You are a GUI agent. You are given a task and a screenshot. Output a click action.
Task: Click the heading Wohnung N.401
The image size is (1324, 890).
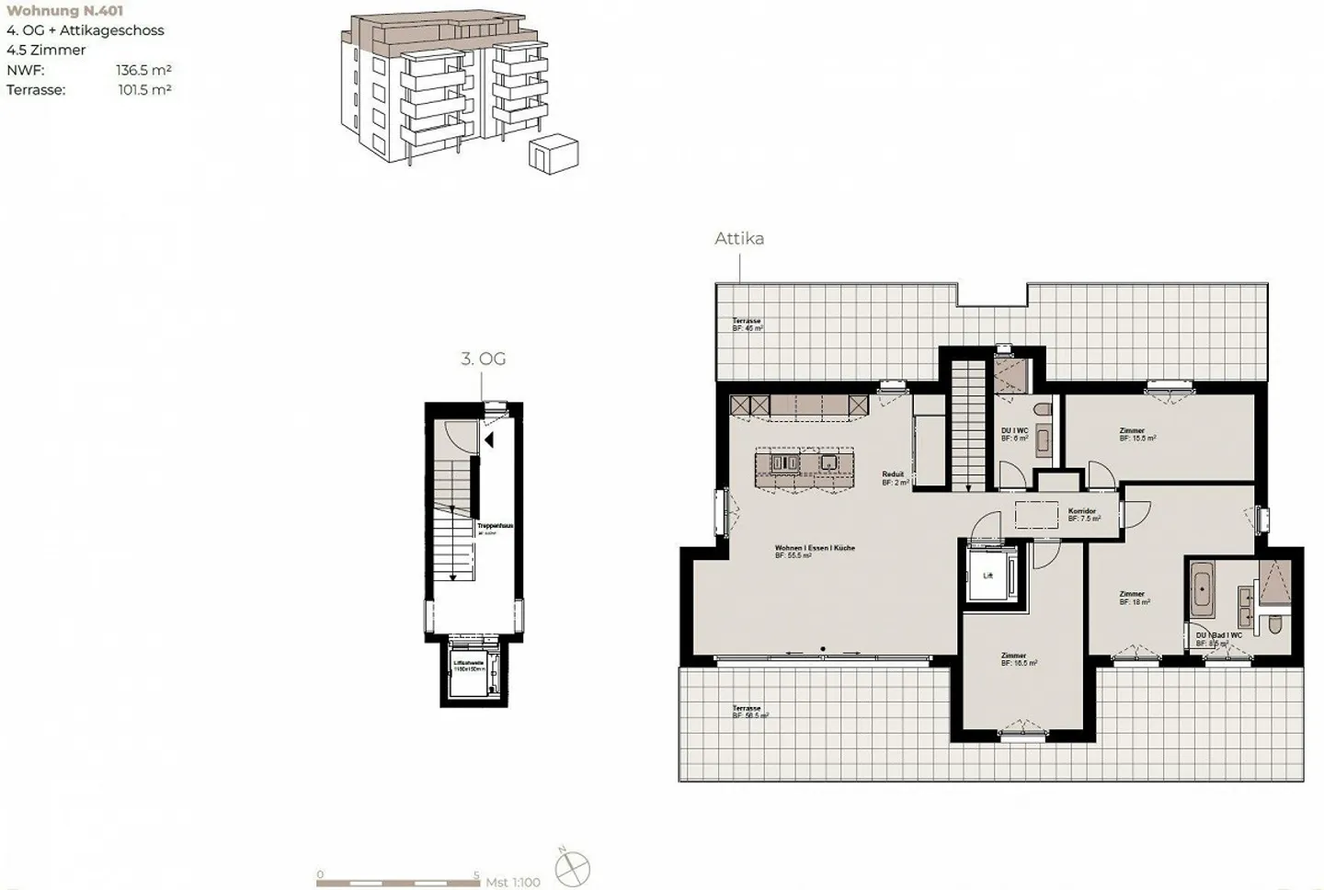coord(64,11)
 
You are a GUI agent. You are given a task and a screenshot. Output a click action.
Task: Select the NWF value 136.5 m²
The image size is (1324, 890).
coord(143,70)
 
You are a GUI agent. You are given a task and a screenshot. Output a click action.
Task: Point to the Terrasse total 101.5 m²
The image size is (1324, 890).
coord(144,90)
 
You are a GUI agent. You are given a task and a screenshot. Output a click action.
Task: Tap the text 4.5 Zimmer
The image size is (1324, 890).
coord(46,50)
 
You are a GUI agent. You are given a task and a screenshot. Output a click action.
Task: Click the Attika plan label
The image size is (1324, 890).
coord(739,238)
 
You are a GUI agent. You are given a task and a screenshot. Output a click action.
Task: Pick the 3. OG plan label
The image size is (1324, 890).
coord(483,359)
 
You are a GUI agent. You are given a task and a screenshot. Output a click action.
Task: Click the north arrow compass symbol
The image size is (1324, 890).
coord(572,869)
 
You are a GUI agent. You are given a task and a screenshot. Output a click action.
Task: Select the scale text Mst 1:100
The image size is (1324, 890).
coord(513,882)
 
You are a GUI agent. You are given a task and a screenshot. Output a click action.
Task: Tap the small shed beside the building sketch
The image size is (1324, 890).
coord(554,151)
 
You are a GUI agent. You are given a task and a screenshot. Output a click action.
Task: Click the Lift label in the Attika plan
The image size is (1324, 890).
coord(988,576)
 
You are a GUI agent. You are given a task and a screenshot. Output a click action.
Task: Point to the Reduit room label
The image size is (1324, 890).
coord(893,474)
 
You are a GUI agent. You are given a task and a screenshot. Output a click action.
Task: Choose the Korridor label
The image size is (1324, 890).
coord(1082,511)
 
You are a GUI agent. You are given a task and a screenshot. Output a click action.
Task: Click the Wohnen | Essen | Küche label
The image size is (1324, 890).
coord(815,548)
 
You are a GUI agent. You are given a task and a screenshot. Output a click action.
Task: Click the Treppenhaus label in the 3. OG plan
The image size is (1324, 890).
coord(495,526)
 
